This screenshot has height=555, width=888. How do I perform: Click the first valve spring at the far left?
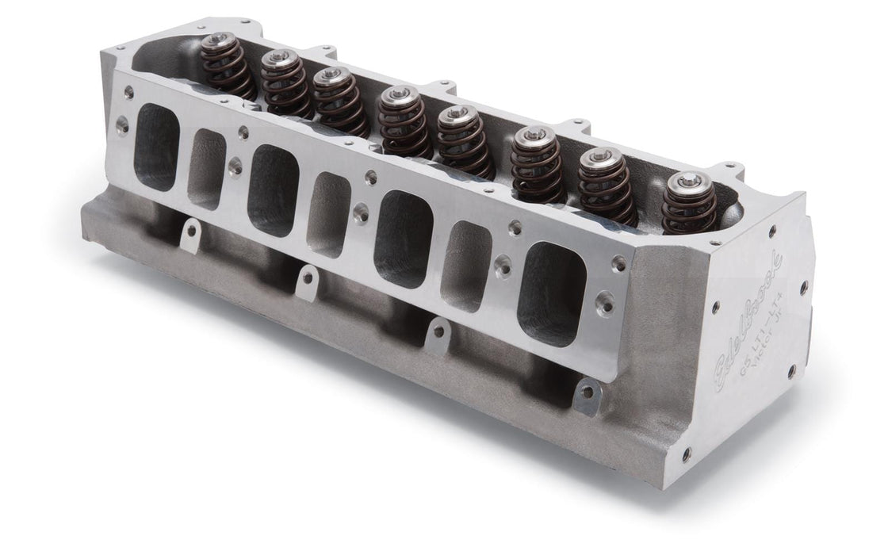click(x=232, y=68)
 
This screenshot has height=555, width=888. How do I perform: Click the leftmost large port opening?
click(x=157, y=150)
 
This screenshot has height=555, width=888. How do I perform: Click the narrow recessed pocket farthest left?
click(x=208, y=168)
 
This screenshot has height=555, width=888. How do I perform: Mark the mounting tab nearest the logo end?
click(x=586, y=389)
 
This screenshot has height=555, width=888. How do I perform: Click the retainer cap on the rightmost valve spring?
click(x=683, y=181)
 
